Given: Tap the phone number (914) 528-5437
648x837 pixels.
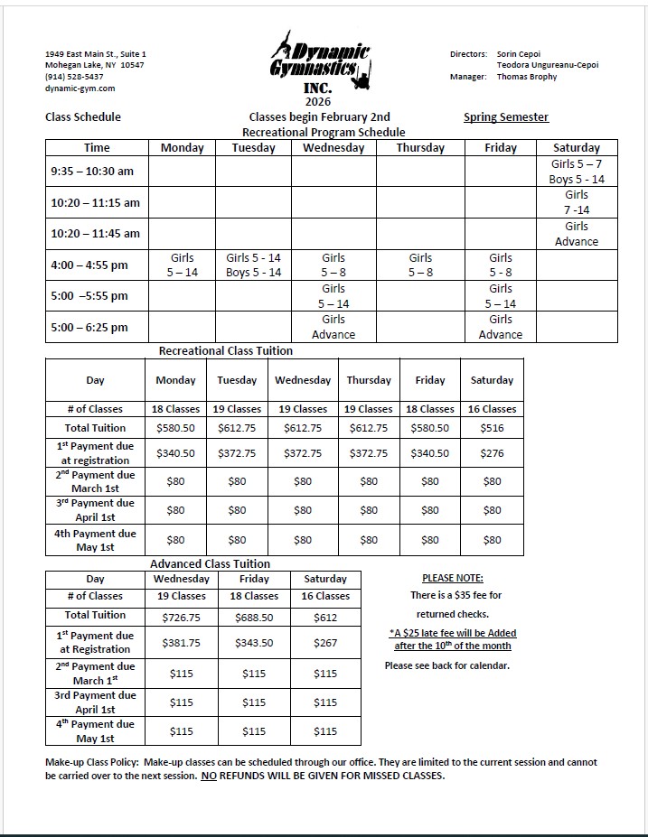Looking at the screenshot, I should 74,77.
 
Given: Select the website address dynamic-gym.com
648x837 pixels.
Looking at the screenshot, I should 80,88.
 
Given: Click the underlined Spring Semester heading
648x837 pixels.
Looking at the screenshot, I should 506,117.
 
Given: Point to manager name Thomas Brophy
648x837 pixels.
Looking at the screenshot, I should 527,77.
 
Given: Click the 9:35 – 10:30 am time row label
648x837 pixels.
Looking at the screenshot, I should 92,171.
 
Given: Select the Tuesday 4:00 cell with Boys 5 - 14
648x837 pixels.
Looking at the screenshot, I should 254,265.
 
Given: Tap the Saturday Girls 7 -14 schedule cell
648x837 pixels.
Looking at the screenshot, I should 577,202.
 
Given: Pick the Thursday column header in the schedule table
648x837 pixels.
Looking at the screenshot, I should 420,148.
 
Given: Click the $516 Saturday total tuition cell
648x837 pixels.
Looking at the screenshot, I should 492,428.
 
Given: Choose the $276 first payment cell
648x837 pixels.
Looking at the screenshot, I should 492,453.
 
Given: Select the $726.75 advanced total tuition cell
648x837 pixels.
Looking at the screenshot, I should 181,618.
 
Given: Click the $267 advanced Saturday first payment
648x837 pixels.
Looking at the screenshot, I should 325,643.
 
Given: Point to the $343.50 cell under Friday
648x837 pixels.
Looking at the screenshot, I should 254,643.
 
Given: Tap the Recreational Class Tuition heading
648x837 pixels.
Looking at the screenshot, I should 226,350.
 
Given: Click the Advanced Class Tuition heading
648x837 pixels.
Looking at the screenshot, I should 210,563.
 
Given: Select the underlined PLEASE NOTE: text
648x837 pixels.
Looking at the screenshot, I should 452,578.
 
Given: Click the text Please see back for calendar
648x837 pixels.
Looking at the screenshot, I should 447,665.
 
